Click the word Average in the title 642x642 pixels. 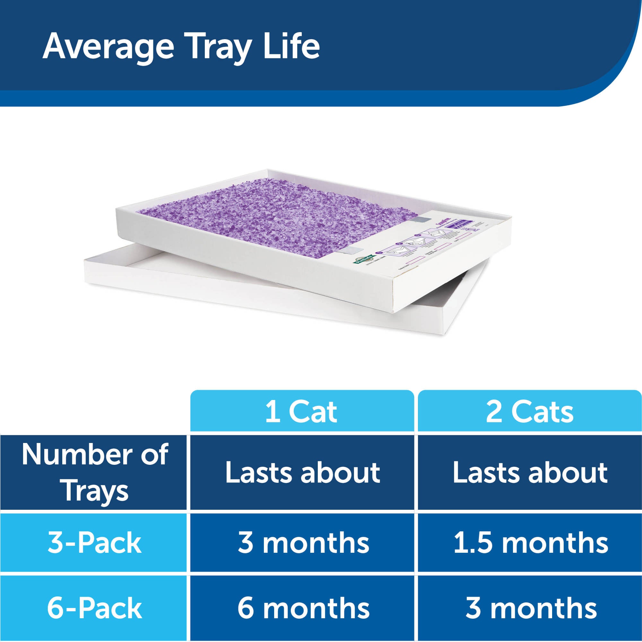tap(108, 47)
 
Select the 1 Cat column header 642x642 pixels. tap(301, 412)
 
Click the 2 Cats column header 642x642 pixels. tap(529, 412)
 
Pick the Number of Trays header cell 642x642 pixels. tap(95, 472)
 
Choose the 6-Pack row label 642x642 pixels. tap(95, 608)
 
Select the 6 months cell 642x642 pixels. tap(303, 608)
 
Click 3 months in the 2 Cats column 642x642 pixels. tap(531, 608)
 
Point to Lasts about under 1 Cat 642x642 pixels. tap(302, 472)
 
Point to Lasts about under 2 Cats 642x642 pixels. tap(530, 472)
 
